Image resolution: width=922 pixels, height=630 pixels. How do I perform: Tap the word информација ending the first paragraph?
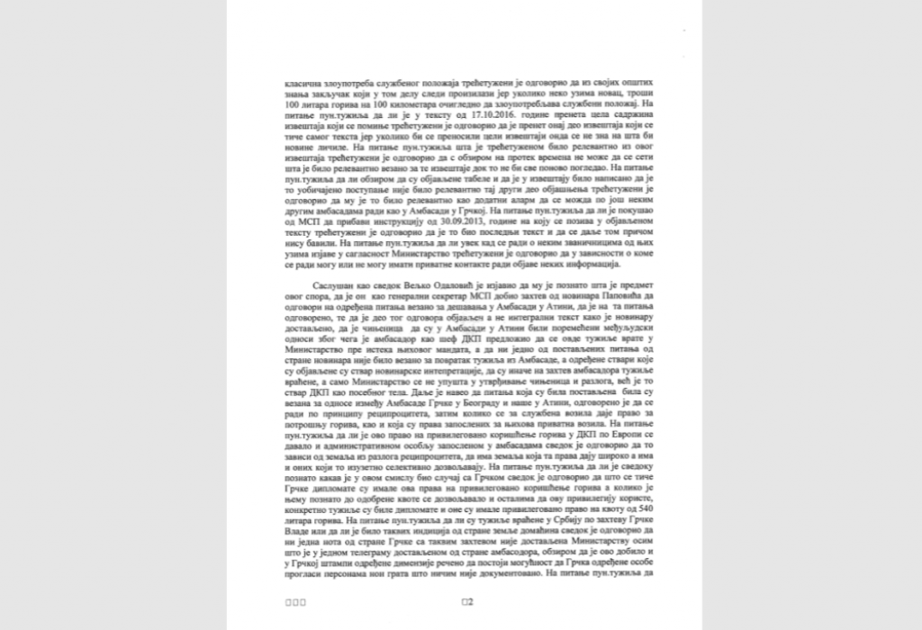(x=593, y=265)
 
